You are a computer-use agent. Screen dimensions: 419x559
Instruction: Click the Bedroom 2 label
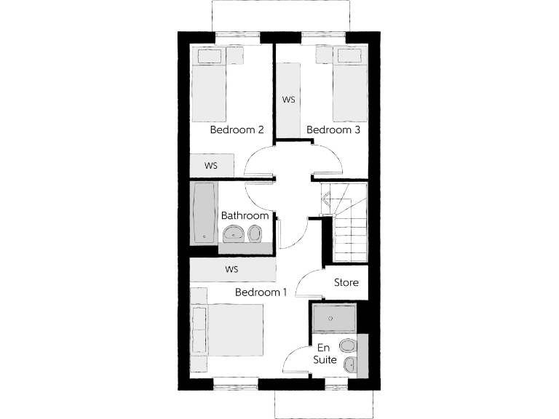pos(237,130)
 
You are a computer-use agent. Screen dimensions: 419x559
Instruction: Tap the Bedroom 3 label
pos(333,130)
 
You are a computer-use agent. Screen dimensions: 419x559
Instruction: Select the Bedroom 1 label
pos(261,292)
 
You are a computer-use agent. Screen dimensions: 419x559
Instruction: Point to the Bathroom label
pos(245,216)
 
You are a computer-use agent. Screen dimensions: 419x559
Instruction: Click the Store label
pos(346,282)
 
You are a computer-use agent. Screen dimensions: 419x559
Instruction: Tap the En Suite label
pos(324,354)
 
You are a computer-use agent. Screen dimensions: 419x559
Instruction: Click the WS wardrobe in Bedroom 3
pos(288,99)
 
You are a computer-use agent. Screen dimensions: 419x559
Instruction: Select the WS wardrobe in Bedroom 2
pos(212,166)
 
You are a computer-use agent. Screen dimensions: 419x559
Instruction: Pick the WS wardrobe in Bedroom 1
pos(233,269)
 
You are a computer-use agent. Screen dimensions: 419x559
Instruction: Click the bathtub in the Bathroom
pos(205,212)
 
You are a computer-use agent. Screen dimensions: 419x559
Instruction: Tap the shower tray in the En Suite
pos(334,319)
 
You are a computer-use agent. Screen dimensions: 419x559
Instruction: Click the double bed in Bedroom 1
pos(226,330)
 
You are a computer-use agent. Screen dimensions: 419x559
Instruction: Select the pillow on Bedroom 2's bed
pos(211,57)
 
